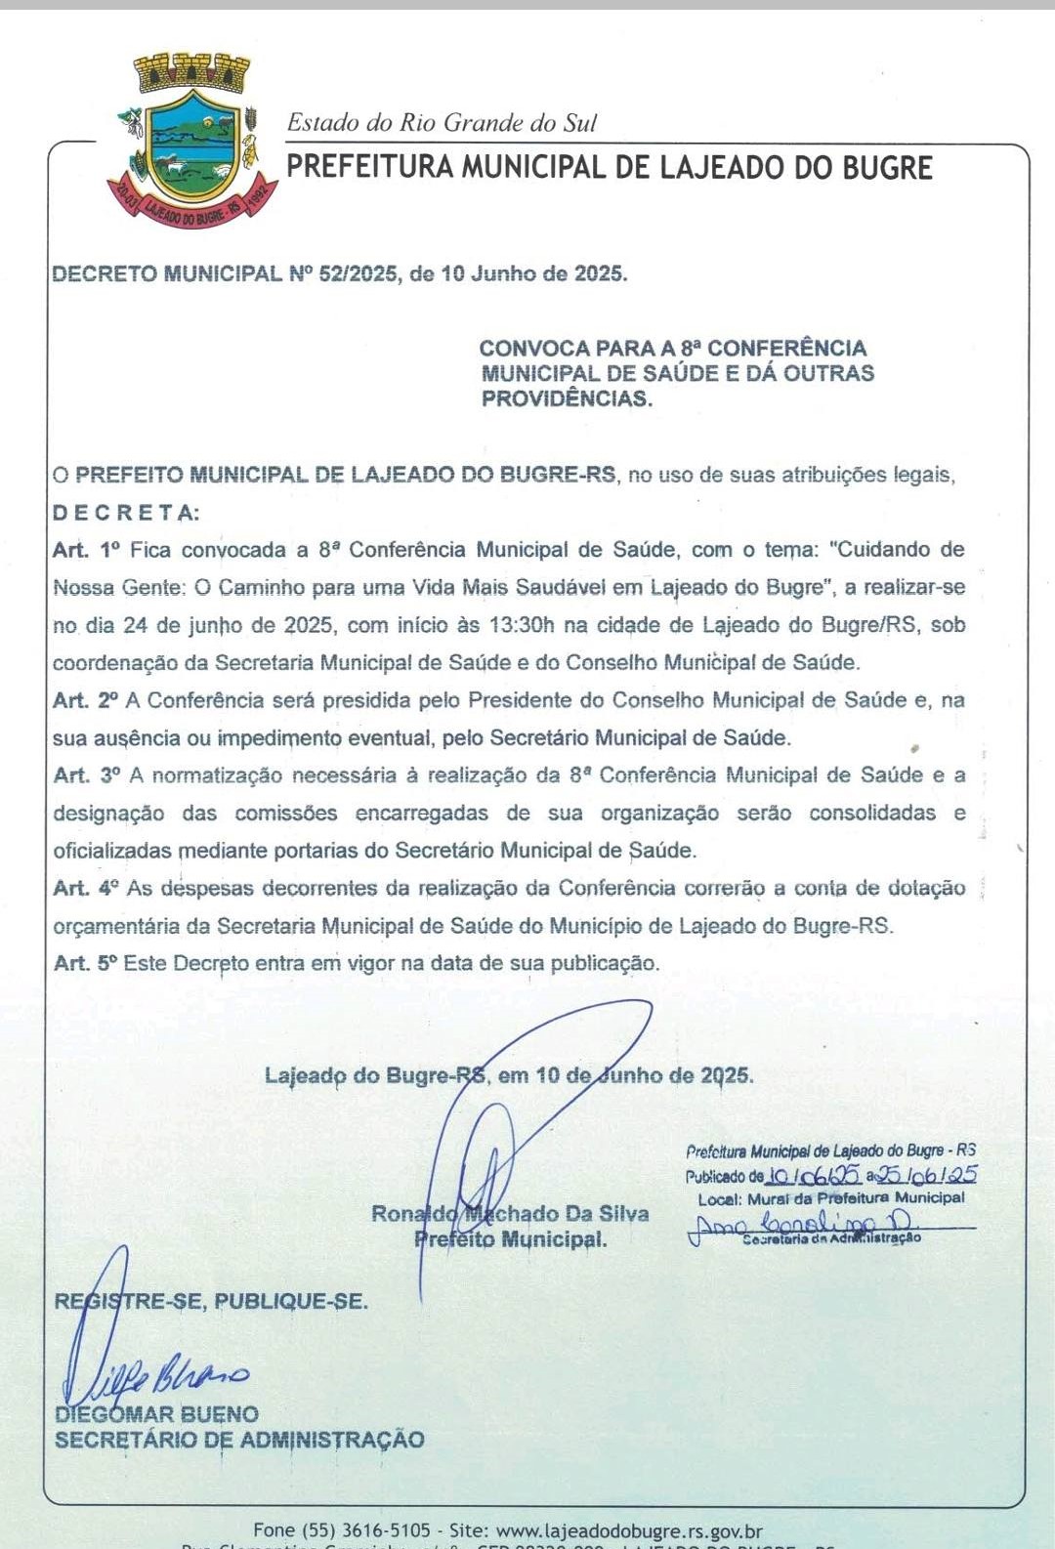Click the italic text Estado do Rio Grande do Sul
[x=442, y=123]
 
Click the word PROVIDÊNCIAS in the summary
[x=567, y=398]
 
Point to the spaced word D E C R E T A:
[x=126, y=513]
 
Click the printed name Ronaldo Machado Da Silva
[x=510, y=1213]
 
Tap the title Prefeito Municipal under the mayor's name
[x=510, y=1239]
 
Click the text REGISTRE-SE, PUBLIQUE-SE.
[x=211, y=1301]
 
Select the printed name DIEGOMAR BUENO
[x=157, y=1414]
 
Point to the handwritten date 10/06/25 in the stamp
[x=814, y=1176]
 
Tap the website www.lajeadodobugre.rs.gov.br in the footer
[x=629, y=1530]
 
